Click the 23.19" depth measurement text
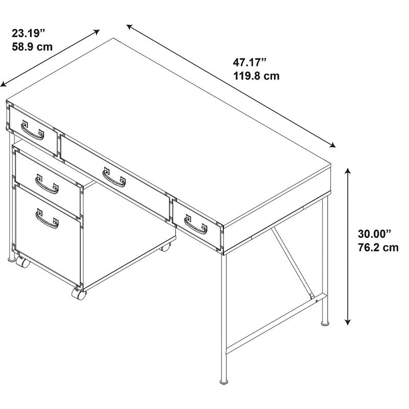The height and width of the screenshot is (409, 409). (29, 33)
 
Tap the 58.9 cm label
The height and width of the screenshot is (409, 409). (32, 47)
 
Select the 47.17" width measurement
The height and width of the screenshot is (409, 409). (249, 62)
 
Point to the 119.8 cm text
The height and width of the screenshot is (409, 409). (256, 76)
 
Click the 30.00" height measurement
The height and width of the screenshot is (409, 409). (375, 234)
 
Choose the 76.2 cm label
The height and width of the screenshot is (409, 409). (378, 247)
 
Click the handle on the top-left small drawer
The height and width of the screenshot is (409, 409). (33, 130)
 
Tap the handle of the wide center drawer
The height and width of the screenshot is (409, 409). (114, 177)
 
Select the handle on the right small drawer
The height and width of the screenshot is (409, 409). (196, 224)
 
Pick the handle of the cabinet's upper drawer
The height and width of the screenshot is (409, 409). (47, 184)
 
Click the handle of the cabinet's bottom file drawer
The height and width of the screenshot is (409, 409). (47, 219)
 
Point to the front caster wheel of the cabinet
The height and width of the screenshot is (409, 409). (79, 293)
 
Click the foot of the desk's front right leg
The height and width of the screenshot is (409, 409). (223, 382)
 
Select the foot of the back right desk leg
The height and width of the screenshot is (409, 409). (325, 324)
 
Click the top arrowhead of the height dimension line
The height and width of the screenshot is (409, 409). (348, 171)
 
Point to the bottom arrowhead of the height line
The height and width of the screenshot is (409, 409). (348, 322)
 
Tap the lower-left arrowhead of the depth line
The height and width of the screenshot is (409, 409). (4, 84)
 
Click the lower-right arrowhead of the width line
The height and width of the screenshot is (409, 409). (332, 145)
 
